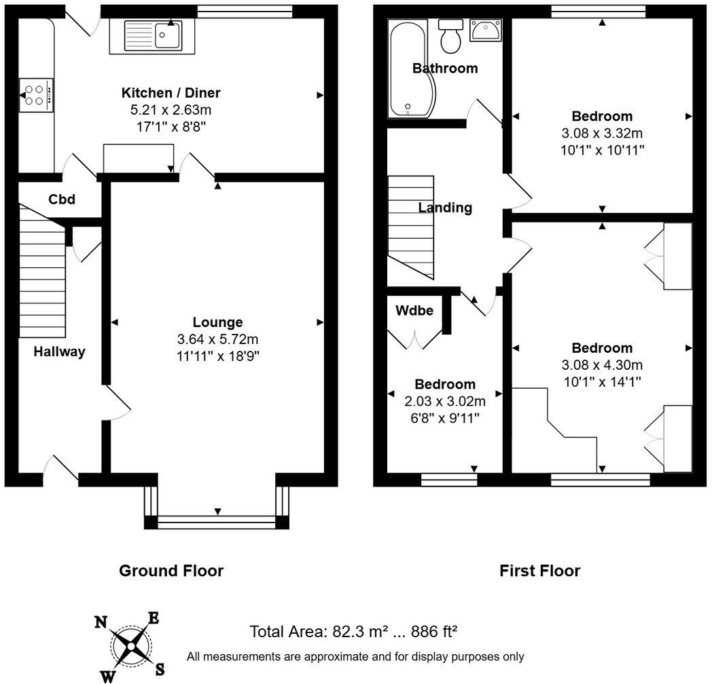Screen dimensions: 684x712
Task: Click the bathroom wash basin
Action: (486, 31)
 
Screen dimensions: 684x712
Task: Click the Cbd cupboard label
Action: (61, 200)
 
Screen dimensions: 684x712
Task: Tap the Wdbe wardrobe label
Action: (414, 310)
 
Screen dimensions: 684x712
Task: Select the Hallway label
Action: (60, 351)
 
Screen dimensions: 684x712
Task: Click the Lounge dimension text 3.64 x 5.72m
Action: (217, 339)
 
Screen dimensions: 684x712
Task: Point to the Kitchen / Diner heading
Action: (171, 93)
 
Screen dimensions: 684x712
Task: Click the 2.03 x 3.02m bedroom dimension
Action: (445, 401)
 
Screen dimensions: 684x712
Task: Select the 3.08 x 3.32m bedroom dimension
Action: (601, 133)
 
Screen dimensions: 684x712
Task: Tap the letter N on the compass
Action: (101, 622)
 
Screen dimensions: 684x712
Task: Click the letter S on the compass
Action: (160, 670)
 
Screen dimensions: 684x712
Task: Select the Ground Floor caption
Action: (171, 571)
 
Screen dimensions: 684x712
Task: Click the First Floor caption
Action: (539, 571)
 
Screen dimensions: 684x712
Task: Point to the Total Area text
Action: (353, 632)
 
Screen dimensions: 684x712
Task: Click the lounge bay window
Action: (217, 521)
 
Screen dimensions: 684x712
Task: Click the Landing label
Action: (445, 208)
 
